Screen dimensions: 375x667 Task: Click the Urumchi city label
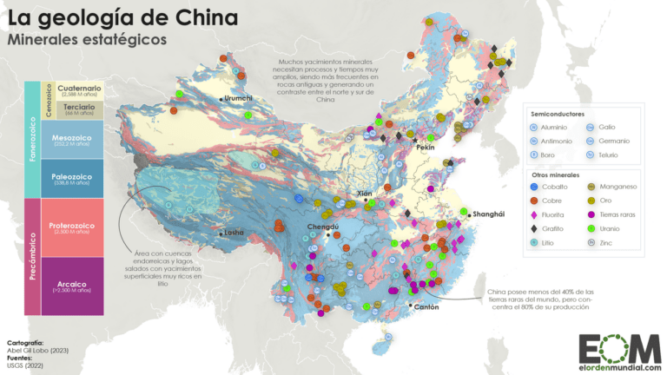pyautogui.click(x=241, y=99)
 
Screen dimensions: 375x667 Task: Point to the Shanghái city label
pyautogui.click(x=489, y=214)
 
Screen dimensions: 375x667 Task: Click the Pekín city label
pyautogui.click(x=425, y=148)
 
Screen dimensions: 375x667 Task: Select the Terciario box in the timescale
pyautogui.click(x=78, y=109)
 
